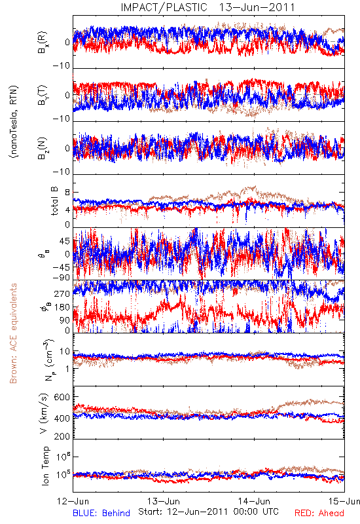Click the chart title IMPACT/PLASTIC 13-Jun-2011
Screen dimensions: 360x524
(207, 7)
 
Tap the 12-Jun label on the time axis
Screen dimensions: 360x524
(73, 501)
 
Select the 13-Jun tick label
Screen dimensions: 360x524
(164, 501)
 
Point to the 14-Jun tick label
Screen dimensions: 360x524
(254, 501)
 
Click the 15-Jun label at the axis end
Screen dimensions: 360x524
(344, 501)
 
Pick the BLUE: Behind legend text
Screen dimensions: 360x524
(101, 513)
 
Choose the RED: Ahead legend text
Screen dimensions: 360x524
(319, 513)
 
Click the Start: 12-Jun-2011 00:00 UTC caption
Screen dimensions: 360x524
(208, 512)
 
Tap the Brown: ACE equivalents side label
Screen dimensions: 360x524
(13, 333)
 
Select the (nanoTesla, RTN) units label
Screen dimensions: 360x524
(14, 122)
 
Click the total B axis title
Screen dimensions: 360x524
(54, 201)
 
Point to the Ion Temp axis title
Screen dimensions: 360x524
(45, 466)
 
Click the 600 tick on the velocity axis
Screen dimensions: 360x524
(62, 397)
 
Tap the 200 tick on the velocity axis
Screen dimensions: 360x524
(62, 436)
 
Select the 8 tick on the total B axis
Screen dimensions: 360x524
(68, 193)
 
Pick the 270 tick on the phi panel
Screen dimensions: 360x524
(62, 293)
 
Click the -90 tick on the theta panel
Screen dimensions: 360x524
(62, 278)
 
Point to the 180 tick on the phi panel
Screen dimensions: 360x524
(62, 307)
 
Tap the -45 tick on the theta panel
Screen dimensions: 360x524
(62, 267)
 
